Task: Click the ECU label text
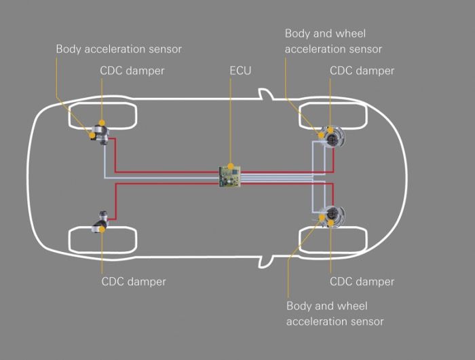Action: point(240,70)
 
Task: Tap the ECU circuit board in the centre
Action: point(231,176)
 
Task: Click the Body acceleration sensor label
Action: point(119,49)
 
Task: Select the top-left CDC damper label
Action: point(133,70)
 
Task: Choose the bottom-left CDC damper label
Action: point(134,281)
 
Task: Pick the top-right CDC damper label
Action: point(362,70)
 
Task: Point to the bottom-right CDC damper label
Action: point(362,281)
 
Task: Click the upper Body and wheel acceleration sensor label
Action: point(333,41)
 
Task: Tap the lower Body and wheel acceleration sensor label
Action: point(335,314)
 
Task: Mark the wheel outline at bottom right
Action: point(332,240)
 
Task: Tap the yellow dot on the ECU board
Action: point(231,166)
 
